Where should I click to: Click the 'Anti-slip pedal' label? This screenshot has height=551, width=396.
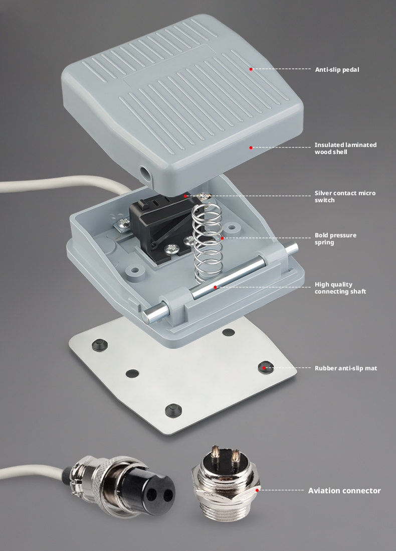pyautogui.click(x=337, y=70)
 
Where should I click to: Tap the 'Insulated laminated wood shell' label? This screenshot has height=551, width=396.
pyautogui.click(x=345, y=149)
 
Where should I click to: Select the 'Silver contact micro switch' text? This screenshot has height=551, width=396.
pyautogui.click(x=345, y=196)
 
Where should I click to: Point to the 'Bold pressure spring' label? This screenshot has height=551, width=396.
pyautogui.click(x=335, y=238)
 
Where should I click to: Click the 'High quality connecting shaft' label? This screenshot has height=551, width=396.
pyautogui.click(x=340, y=288)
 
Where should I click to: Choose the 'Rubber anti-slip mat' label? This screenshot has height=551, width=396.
pyautogui.click(x=346, y=368)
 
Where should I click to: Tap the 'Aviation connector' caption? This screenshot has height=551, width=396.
pyautogui.click(x=344, y=491)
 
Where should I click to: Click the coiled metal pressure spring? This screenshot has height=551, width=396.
pyautogui.click(x=208, y=242)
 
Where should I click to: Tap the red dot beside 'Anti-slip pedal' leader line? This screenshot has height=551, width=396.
pyautogui.click(x=251, y=69)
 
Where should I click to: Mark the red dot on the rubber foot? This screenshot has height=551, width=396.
pyautogui.click(x=264, y=368)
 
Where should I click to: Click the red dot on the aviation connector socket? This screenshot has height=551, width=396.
pyautogui.click(x=257, y=490)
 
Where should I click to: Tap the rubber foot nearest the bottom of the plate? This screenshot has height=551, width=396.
pyautogui.click(x=173, y=409)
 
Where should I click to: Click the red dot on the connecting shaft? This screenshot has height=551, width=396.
pyautogui.click(x=215, y=287)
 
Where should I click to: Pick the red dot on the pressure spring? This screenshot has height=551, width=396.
pyautogui.click(x=222, y=238)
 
